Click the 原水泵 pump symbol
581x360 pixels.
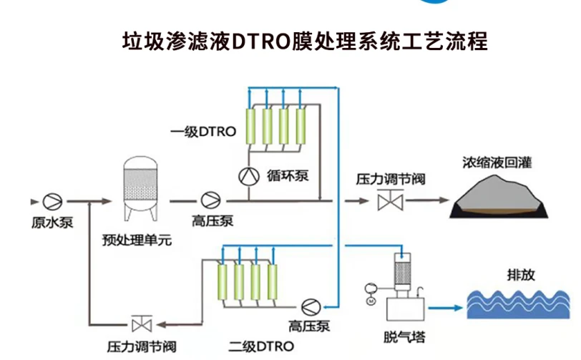(x=52, y=200)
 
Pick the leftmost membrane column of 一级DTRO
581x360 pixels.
(x=253, y=127)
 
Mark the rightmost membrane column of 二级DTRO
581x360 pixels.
(x=272, y=284)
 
